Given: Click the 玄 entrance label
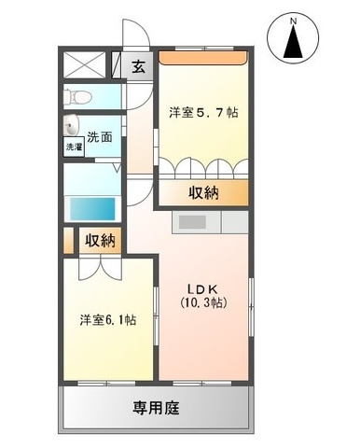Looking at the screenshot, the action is [139, 67].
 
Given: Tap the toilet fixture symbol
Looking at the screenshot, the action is [77, 96].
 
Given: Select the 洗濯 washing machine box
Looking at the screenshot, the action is [74, 147].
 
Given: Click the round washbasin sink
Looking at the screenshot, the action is [72, 126].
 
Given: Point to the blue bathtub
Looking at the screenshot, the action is [92, 208].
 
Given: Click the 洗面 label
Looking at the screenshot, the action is [99, 137].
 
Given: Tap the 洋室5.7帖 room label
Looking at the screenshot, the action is [203, 112].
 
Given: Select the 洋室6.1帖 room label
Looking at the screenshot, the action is [108, 320].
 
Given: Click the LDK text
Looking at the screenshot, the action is [201, 289].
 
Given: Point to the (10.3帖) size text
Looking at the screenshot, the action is [203, 302].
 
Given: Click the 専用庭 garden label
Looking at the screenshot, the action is [156, 407].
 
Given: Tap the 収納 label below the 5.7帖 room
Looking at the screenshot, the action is [203, 193].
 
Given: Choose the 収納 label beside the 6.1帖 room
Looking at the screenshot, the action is [100, 241].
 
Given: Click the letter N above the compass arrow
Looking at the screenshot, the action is [293, 21].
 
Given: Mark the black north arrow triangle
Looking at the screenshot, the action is [293, 42].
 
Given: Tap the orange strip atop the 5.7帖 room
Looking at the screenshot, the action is [203, 58].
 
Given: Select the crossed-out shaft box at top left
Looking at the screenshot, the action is [86, 64].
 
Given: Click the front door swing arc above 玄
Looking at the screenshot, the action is [137, 33].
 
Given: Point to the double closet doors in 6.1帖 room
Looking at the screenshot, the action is [100, 268].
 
